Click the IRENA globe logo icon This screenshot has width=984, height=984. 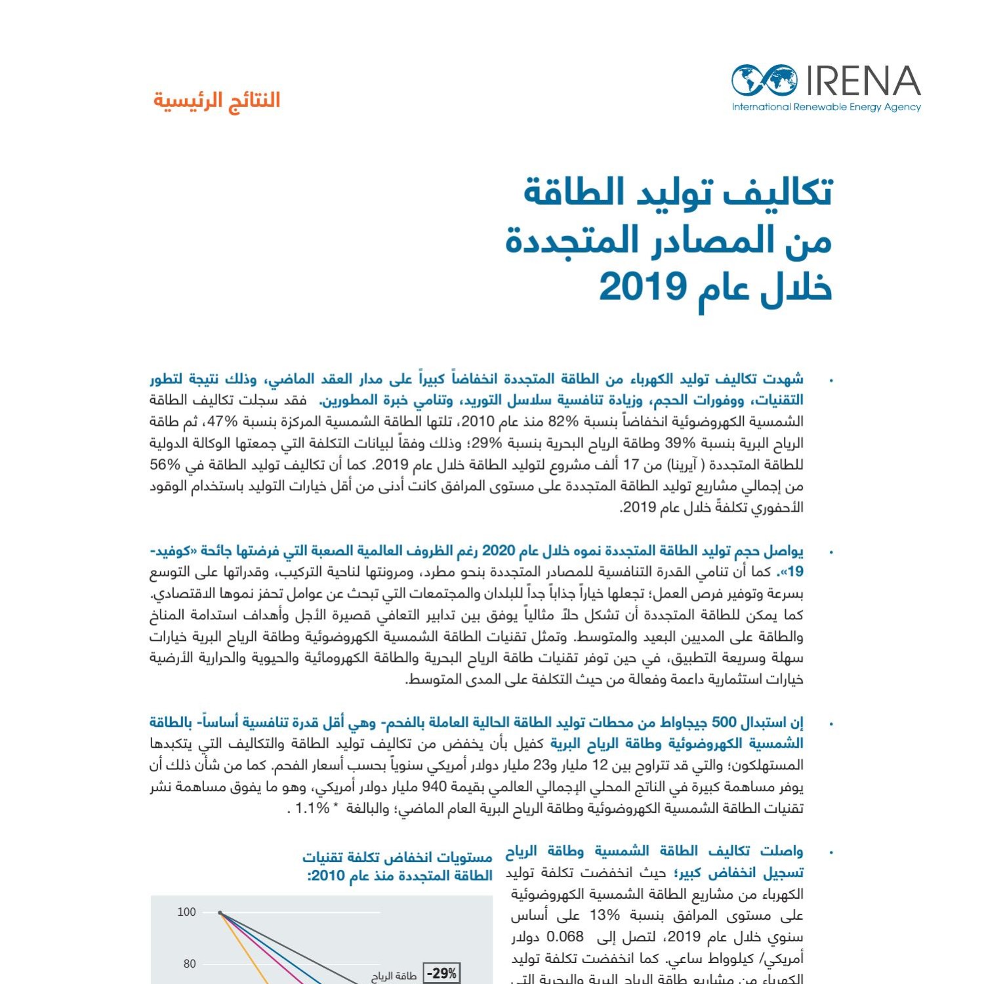click(765, 81)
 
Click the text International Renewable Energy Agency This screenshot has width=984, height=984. click(826, 108)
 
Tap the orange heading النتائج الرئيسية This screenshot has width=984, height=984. click(216, 100)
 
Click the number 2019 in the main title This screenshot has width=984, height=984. click(642, 287)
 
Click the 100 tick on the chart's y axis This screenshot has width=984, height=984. click(186, 912)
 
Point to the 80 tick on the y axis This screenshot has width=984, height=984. click(189, 964)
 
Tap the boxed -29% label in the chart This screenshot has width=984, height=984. click(442, 974)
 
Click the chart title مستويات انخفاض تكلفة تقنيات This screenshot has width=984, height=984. click(398, 857)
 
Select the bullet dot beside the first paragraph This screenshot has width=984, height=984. click(831, 380)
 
